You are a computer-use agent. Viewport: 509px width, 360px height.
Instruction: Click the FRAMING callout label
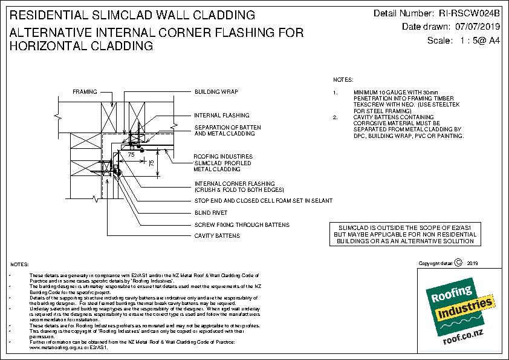click(84, 91)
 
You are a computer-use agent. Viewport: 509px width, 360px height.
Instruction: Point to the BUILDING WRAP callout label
click(216, 91)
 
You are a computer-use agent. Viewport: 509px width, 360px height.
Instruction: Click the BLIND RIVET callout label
click(210, 213)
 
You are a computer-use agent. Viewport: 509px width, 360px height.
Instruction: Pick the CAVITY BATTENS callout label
click(217, 235)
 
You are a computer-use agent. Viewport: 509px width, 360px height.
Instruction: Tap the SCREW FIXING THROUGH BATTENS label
click(242, 224)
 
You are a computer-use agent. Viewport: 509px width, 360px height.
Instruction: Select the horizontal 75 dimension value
click(131, 154)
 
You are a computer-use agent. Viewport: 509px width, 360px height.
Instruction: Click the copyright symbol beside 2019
click(457, 263)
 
